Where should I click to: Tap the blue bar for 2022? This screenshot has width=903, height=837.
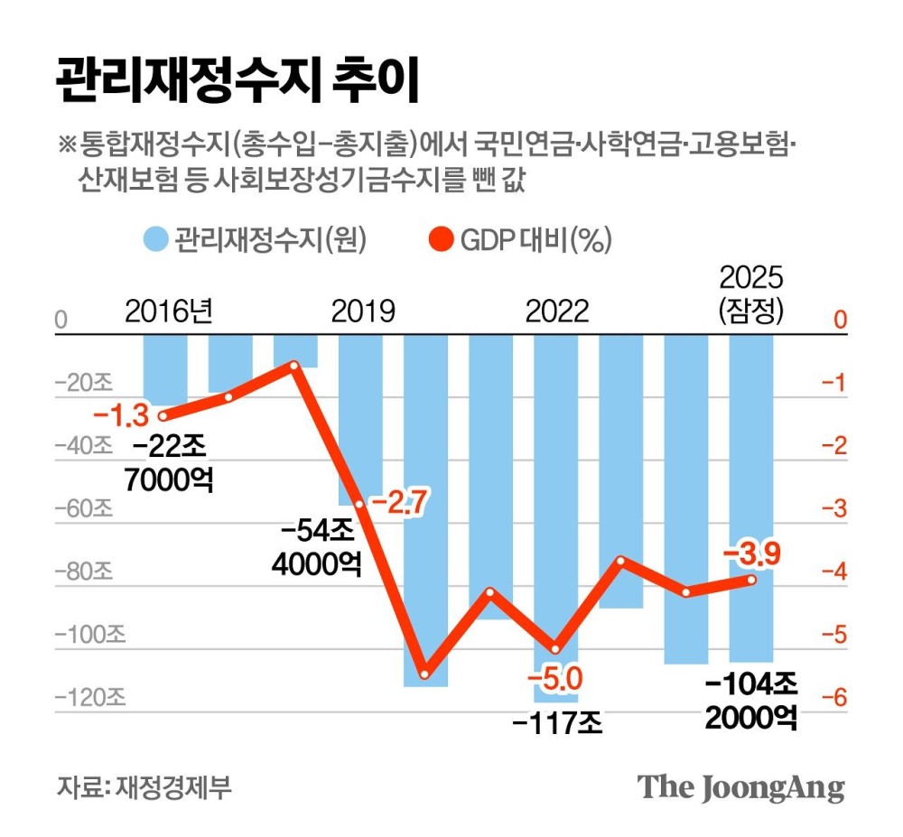[x=555, y=506]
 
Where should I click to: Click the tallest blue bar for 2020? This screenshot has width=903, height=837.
[x=425, y=506]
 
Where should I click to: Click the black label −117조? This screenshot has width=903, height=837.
[x=555, y=722]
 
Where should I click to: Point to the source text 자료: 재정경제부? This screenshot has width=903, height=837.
[x=144, y=785]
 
